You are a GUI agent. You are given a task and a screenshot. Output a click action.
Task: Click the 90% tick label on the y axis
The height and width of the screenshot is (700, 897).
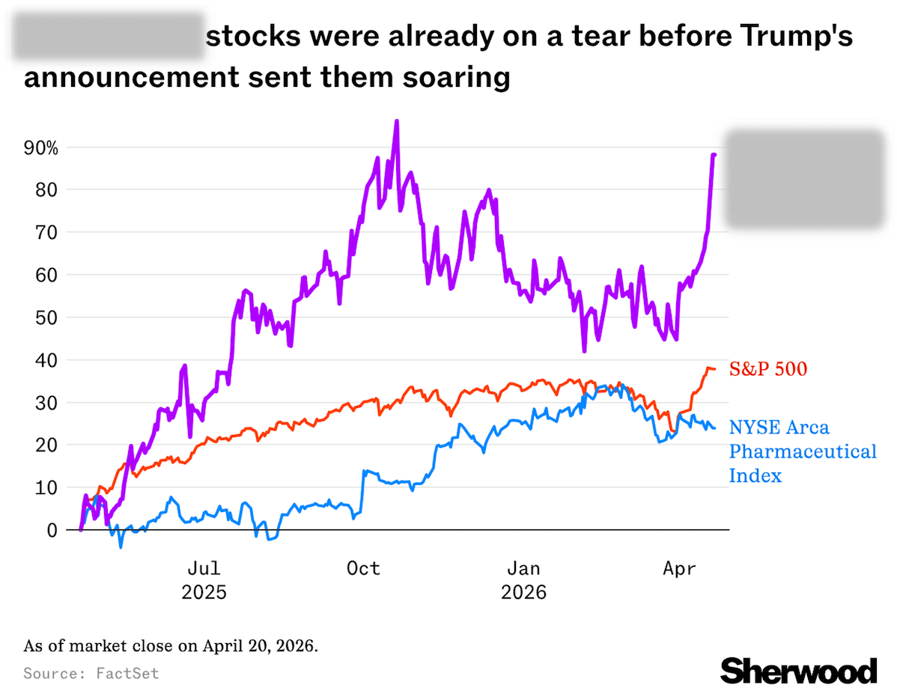pyautogui.click(x=40, y=147)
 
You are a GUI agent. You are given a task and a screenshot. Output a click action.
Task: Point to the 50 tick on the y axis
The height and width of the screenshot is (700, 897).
pyautogui.click(x=47, y=317)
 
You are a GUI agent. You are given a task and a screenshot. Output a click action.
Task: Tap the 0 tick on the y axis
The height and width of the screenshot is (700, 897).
pyautogui.click(x=52, y=530)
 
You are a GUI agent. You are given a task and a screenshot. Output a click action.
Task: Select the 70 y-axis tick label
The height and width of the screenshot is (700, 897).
pyautogui.click(x=47, y=232)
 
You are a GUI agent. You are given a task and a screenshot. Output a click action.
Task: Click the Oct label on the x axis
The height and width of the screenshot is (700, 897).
pyautogui.click(x=363, y=569)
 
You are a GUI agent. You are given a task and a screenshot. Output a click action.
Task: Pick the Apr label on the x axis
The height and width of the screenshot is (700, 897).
pyautogui.click(x=679, y=569)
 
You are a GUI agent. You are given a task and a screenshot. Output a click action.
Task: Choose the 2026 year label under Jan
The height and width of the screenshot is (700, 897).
pyautogui.click(x=523, y=593)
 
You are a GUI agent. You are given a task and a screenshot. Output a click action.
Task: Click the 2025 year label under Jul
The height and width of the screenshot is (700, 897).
pyautogui.click(x=204, y=593)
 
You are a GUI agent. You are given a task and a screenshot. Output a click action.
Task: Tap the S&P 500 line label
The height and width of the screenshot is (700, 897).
pyautogui.click(x=768, y=368)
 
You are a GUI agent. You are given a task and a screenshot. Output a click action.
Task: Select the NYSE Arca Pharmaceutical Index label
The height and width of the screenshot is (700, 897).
pyautogui.click(x=803, y=451)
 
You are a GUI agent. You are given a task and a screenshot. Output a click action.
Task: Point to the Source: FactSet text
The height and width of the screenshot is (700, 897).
pyautogui.click(x=91, y=673)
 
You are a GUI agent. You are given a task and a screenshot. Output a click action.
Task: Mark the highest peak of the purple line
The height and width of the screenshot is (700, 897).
pyautogui.click(x=396, y=121)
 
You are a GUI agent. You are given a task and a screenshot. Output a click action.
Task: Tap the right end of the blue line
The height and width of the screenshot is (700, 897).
pyautogui.click(x=714, y=428)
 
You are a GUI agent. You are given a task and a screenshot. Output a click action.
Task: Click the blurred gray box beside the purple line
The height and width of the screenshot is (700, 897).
pyautogui.click(x=806, y=178)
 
